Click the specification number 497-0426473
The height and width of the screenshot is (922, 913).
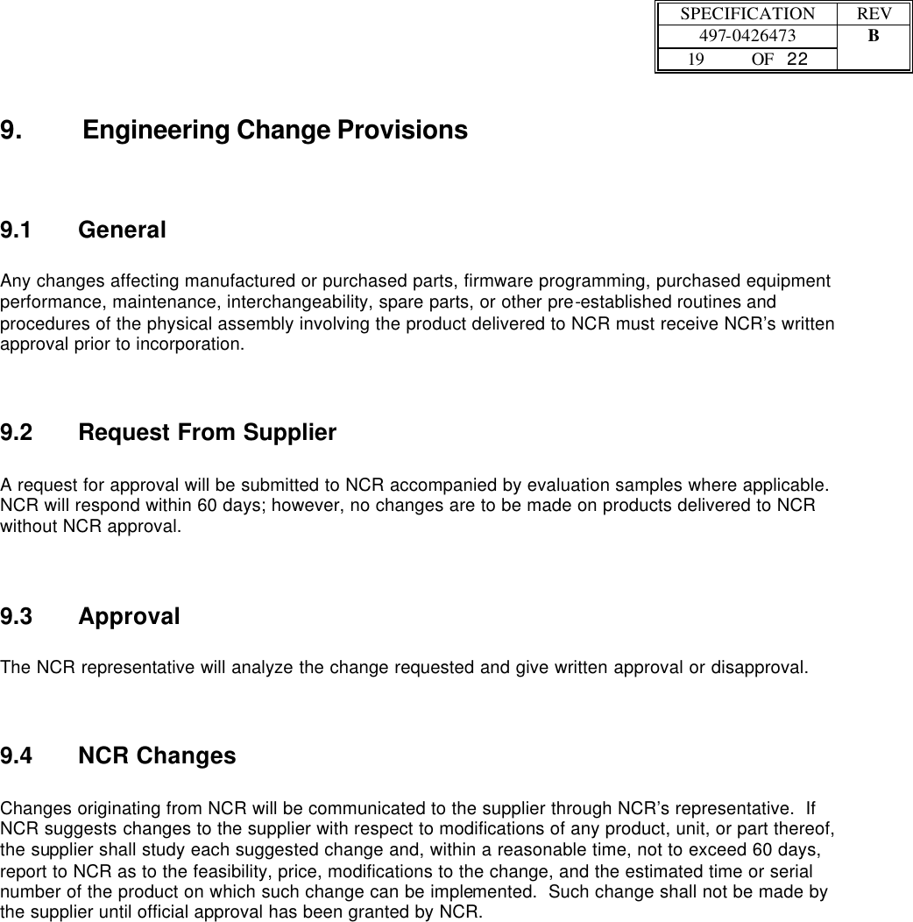click(747, 37)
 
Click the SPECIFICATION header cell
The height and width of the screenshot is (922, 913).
click(747, 15)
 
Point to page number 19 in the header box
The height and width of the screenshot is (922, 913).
click(696, 60)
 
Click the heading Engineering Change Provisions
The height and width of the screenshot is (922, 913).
click(275, 131)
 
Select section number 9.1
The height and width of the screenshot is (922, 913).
click(16, 231)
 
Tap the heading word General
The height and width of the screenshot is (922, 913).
click(122, 231)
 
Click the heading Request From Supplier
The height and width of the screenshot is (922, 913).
click(207, 433)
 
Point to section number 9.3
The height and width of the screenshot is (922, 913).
click(16, 617)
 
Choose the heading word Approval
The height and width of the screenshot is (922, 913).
click(129, 617)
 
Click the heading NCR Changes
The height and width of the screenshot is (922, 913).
click(157, 756)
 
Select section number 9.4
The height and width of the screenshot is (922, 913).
click(16, 756)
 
